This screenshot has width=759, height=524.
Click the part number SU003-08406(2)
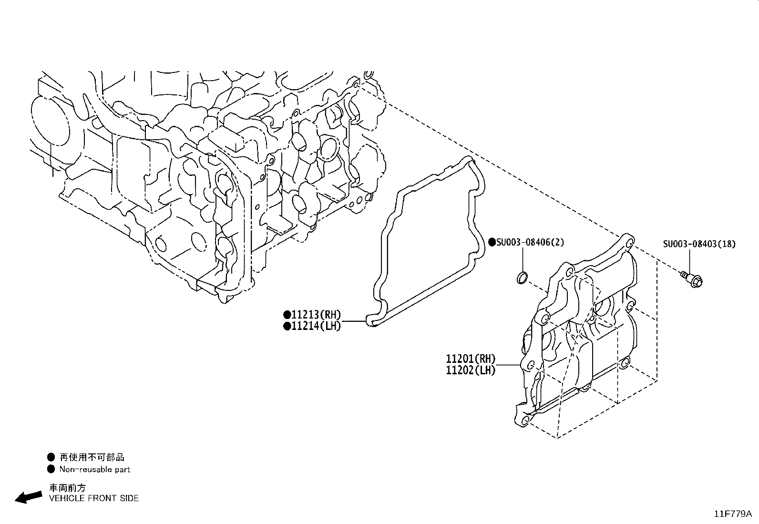point(530,242)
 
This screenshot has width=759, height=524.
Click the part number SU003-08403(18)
point(699,244)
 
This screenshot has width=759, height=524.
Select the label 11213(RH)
point(316,315)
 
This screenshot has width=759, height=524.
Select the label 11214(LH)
point(316,326)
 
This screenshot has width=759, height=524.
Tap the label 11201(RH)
point(471,359)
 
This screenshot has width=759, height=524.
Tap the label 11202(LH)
point(471,370)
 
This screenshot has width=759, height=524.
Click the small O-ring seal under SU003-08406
point(522,277)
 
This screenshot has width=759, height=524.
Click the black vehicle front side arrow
point(29,497)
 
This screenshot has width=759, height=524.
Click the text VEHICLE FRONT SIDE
point(94,498)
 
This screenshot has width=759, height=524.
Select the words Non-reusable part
point(95,470)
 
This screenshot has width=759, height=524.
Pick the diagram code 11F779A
point(733,514)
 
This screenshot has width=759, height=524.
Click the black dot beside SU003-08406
point(492,242)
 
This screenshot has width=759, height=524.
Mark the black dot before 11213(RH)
point(287,315)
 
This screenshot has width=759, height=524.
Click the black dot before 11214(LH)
point(287,327)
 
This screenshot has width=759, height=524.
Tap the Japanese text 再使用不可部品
point(92,457)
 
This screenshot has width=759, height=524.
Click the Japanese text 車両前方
point(68,488)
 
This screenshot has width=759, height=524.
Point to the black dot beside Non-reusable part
point(51,470)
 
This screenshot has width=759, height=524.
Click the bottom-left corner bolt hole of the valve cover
point(525,421)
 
